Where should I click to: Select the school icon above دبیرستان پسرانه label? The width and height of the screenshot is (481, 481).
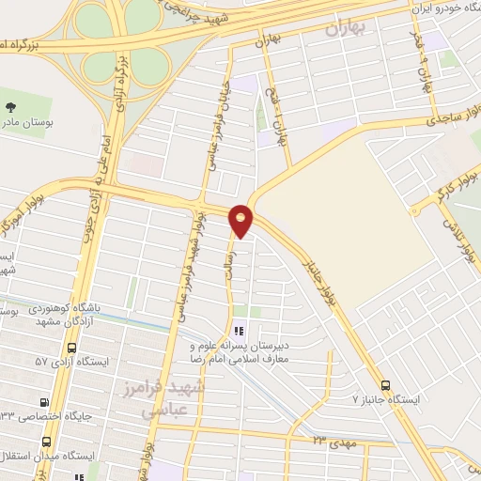(239, 331)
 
